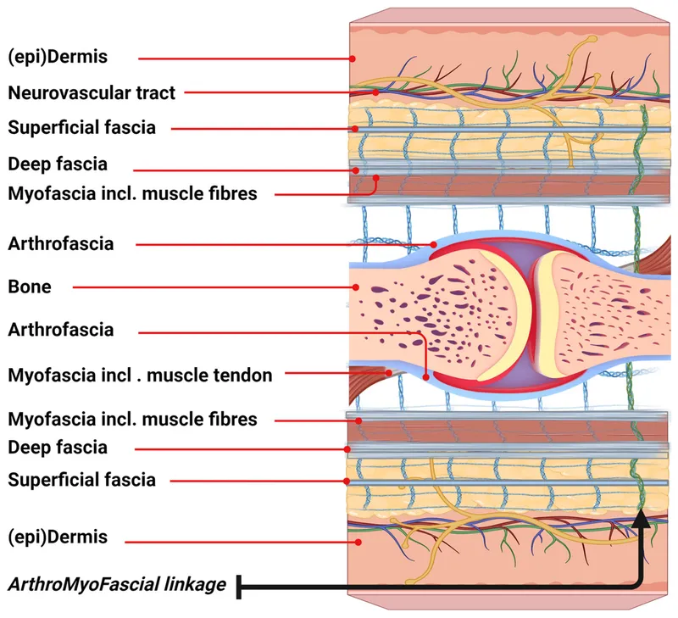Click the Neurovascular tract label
pos(92,92)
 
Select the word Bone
pos(29,287)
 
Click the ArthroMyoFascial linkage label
pos(117,585)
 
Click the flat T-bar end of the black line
pos(241,585)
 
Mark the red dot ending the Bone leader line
pos(355,287)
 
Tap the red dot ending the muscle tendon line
pos(389,372)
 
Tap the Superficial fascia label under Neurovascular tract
pos(81,128)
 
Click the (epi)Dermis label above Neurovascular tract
pos(58,57)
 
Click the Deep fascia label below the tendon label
pos(58,447)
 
